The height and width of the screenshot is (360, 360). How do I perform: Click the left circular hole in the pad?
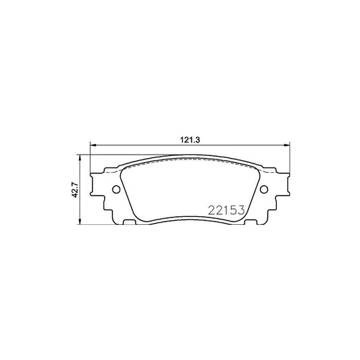(115, 190)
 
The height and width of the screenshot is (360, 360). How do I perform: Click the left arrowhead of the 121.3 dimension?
(94, 144)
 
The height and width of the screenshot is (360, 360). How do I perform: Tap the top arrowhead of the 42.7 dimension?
(81, 157)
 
